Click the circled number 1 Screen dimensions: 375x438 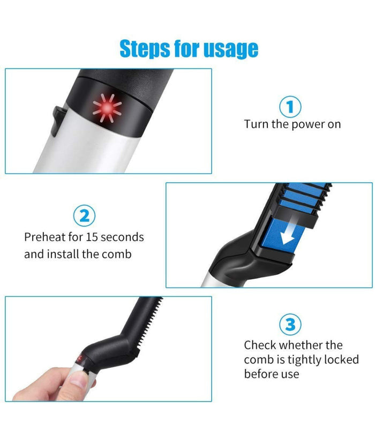pyautogui.click(x=290, y=107)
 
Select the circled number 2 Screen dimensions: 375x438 pyautogui.click(x=84, y=216)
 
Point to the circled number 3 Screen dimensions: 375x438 pyautogui.click(x=290, y=324)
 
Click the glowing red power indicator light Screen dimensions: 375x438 pyautogui.click(x=108, y=108)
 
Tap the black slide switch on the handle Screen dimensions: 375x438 pyautogui.click(x=58, y=121)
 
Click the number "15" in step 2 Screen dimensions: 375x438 pyautogui.click(x=92, y=237)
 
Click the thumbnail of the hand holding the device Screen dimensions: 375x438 pyautogui.click(x=108, y=349)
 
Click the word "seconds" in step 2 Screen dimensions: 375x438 pyautogui.click(x=122, y=237)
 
